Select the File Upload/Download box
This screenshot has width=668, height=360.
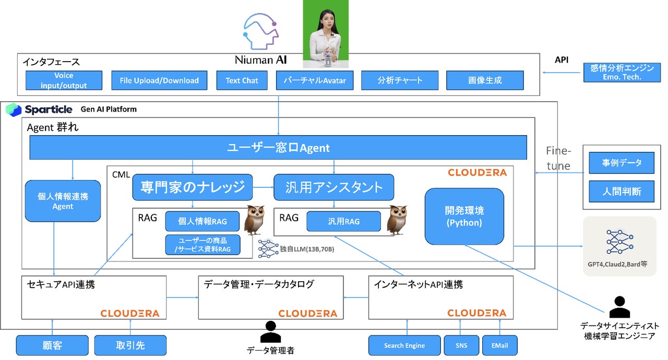(159, 80)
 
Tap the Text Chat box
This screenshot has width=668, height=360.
(242, 80)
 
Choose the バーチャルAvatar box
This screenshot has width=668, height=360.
(314, 80)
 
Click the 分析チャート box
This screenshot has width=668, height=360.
(400, 80)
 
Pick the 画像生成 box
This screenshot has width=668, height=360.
(485, 80)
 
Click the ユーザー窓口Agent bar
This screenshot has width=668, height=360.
(278, 148)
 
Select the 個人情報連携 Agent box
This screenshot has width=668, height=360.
(63, 201)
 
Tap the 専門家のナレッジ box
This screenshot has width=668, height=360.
(192, 187)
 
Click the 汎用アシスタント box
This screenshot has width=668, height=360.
(333, 187)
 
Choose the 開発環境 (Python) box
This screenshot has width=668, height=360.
(464, 217)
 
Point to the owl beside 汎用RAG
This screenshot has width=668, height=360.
(397, 220)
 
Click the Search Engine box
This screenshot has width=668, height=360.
(404, 345)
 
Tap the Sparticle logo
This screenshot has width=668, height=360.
(40, 110)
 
